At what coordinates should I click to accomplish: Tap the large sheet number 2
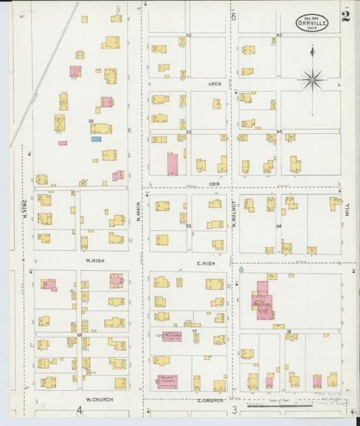(x=345, y=16)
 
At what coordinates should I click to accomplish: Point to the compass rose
(x=312, y=79)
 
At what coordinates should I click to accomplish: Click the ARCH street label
(x=214, y=84)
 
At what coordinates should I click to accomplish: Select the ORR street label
(x=214, y=184)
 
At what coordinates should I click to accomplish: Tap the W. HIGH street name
(x=93, y=260)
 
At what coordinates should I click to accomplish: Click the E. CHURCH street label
(x=210, y=400)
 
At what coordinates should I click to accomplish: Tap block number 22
(x=91, y=121)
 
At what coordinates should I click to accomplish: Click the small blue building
(x=96, y=139)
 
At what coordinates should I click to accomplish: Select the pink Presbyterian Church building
(x=167, y=381)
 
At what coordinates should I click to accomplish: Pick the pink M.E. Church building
(x=172, y=336)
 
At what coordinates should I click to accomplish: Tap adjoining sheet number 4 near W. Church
(x=79, y=410)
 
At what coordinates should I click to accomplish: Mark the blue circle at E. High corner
(x=241, y=269)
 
